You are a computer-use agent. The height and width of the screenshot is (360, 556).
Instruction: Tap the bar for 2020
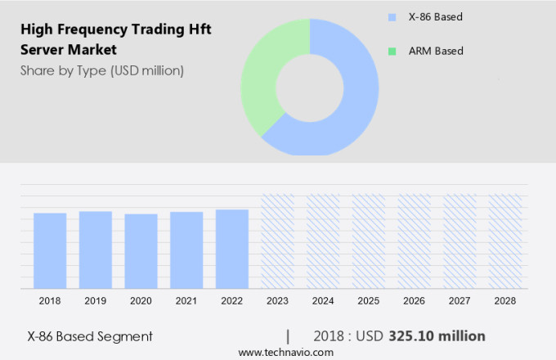(x=141, y=251)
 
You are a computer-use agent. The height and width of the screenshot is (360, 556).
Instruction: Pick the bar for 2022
(x=232, y=249)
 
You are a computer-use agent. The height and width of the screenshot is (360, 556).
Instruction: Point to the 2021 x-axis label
(x=186, y=301)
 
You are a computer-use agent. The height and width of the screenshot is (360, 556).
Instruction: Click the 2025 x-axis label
(x=368, y=301)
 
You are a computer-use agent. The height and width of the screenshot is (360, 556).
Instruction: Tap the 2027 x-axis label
(x=460, y=301)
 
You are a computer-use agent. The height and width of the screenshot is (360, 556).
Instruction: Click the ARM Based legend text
(x=436, y=51)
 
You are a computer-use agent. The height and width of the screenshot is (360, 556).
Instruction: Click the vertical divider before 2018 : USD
(x=288, y=335)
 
